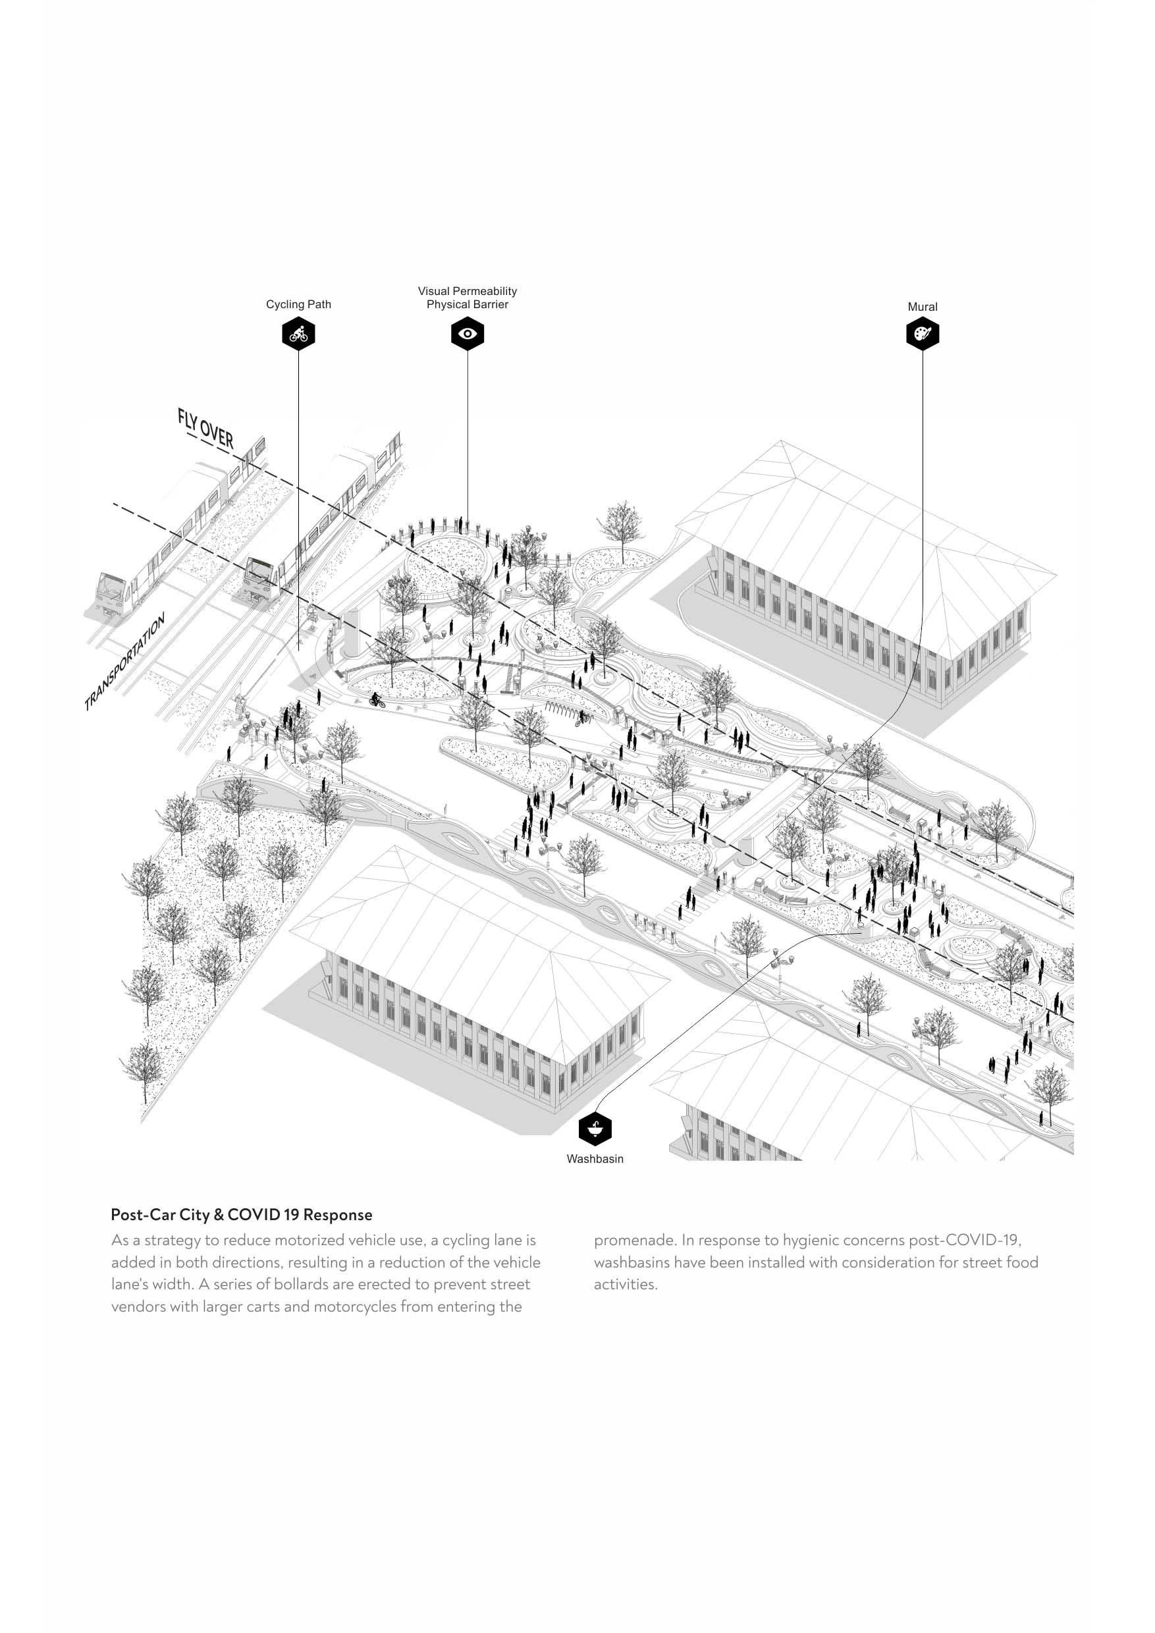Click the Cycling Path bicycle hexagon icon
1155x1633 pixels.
tap(298, 334)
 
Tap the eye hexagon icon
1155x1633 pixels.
tap(468, 334)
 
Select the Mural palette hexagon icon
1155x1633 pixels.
tap(923, 334)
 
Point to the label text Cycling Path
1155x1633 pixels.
tap(298, 304)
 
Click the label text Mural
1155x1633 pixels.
tap(923, 308)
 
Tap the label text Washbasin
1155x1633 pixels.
tap(595, 1159)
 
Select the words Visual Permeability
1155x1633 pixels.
tap(468, 291)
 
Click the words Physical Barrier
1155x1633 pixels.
tap(468, 304)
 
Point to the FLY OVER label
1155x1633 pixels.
tap(205, 428)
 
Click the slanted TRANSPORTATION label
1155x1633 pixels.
tap(125, 662)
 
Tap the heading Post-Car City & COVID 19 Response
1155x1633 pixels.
tap(241, 1215)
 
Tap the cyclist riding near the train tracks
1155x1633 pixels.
tap(376, 701)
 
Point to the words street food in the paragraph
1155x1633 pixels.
tap(1000, 1262)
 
